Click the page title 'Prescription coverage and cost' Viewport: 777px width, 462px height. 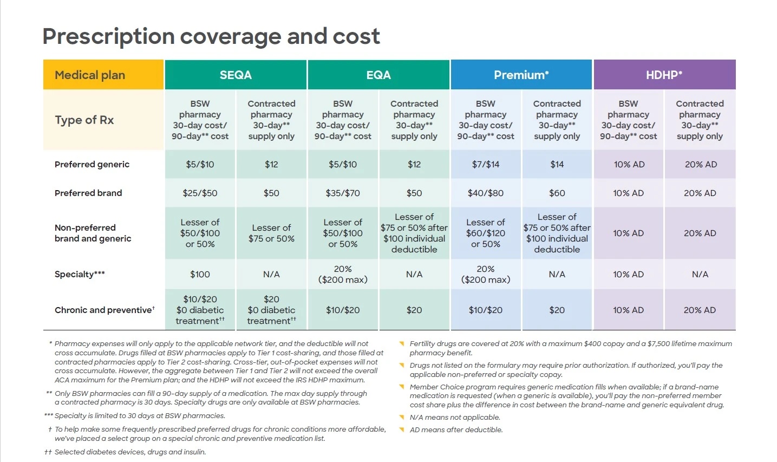click(211, 36)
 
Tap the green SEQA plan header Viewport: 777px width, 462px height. click(236, 75)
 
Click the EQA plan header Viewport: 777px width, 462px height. click(378, 75)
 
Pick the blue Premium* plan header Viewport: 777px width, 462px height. click(521, 75)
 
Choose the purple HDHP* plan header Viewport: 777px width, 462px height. click(664, 75)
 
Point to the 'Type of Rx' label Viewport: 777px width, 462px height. click(84, 120)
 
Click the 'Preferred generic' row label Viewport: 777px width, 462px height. click(92, 164)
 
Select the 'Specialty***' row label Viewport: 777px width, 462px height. click(80, 274)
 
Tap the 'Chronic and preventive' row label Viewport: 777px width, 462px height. click(104, 310)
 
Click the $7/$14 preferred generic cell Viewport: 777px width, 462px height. click(486, 164)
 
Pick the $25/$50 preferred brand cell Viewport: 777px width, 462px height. click(200, 193)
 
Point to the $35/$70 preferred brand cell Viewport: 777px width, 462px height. click(343, 193)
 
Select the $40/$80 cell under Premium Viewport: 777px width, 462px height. click(486, 193)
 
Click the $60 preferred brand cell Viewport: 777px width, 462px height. click(557, 193)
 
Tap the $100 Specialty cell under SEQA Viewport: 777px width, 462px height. click(200, 274)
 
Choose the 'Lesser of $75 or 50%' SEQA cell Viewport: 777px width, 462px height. click(271, 233)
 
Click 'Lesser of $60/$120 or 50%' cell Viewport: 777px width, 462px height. click(486, 233)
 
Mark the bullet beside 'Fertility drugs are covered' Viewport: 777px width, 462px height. click(402, 344)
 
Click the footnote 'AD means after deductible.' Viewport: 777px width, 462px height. click(456, 430)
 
